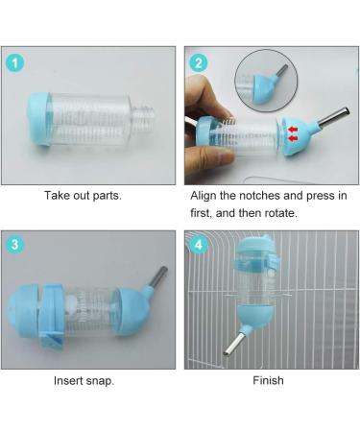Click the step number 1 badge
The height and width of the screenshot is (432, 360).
(14, 63)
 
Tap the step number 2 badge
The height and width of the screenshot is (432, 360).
(199, 63)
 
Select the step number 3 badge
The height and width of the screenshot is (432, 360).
(14, 245)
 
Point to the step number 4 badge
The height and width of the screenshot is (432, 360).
(199, 245)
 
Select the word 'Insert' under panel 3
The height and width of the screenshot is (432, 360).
(69, 380)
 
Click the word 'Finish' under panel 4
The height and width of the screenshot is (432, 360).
(268, 380)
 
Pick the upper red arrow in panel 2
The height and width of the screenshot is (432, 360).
(293, 130)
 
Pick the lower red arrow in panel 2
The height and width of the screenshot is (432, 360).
(293, 138)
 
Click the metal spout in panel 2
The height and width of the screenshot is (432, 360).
(333, 117)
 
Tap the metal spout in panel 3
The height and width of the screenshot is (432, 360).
(157, 277)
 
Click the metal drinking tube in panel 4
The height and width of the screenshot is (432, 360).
(234, 344)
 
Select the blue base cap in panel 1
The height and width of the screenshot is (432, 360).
(39, 119)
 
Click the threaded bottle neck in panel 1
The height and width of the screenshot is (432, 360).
(143, 117)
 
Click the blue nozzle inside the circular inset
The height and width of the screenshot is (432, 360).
(265, 86)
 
